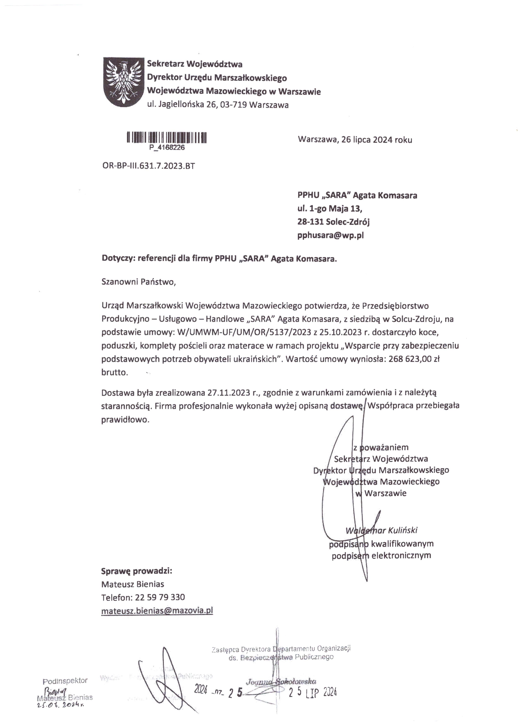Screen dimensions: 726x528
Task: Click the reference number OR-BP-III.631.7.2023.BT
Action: point(148,166)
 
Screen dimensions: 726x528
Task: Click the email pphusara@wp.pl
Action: point(330,236)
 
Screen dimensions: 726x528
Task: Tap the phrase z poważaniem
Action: point(381,447)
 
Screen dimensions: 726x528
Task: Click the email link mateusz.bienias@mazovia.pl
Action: point(157,610)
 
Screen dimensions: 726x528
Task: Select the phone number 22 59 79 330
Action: point(160,597)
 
